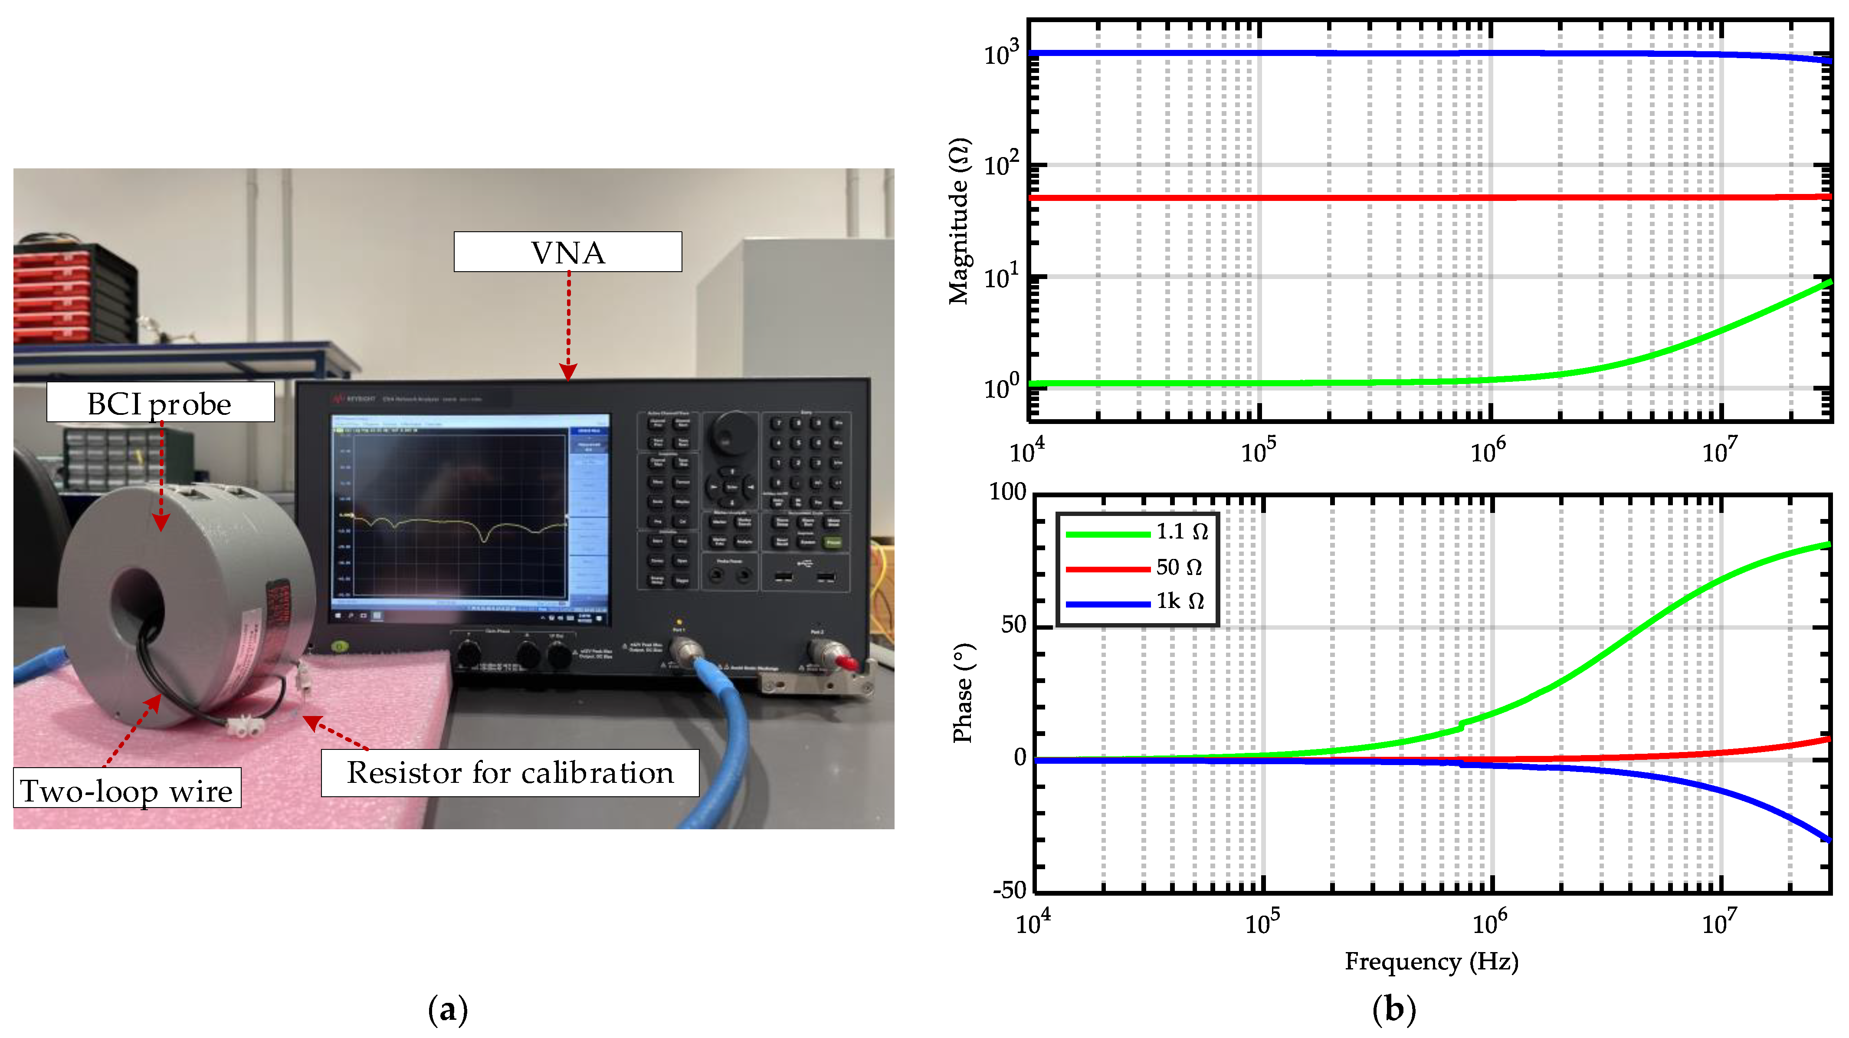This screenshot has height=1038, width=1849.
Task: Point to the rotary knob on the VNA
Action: coord(733,433)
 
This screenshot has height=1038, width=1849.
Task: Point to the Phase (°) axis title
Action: coord(963,693)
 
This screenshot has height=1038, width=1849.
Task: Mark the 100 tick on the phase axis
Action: coord(1008,493)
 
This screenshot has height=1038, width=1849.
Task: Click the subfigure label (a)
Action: coord(448,1010)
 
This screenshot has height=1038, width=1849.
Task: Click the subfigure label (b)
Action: coord(1393,1010)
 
